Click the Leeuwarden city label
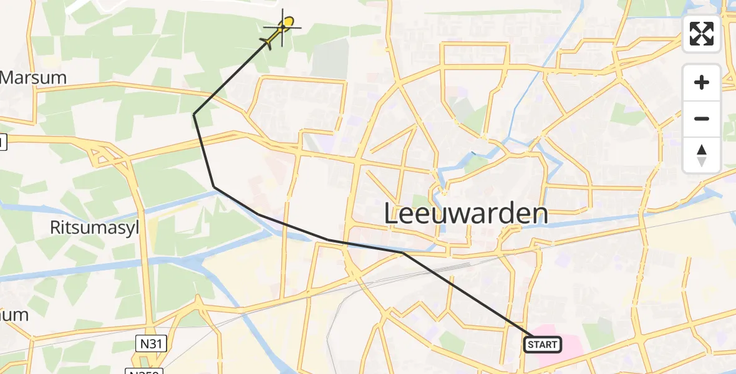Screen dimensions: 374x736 pos(466,214)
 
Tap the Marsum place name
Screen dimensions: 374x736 pos(34,79)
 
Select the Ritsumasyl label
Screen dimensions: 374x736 pos(95,228)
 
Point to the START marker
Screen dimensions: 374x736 pos(542,344)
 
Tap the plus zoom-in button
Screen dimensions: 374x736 pos(702,82)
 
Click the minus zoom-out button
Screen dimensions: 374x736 pos(702,118)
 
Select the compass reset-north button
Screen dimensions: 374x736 pos(702,155)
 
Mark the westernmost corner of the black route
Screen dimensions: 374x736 pos(194,115)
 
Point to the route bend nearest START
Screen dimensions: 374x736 pos(404,254)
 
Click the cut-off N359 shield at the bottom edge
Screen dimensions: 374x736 pos(144,372)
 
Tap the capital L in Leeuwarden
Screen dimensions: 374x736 pos(391,214)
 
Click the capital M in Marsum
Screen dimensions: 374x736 pos(9,79)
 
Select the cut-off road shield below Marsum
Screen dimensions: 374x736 pos(2,143)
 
